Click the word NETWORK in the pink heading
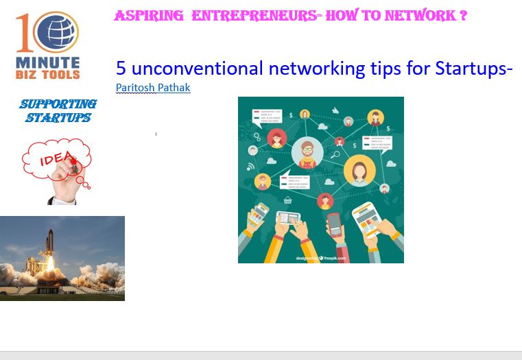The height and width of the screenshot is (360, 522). click(420, 15)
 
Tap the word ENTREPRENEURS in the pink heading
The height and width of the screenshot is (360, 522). click(254, 16)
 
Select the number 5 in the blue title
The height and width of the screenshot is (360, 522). click(121, 68)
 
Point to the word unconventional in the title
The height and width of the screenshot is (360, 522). click(198, 68)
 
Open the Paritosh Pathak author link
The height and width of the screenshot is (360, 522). click(153, 88)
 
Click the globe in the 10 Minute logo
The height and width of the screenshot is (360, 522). click(57, 32)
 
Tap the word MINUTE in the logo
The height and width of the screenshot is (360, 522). click(47, 62)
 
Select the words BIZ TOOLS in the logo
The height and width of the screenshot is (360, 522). click(47, 75)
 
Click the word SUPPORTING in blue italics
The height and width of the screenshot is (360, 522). click(58, 104)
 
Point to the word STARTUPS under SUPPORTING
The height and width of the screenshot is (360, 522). click(58, 117)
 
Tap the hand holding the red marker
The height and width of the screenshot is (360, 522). click(67, 181)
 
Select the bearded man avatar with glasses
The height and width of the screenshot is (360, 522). click(307, 153)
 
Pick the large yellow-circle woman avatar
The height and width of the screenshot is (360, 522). click(359, 171)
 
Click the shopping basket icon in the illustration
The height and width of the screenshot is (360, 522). click(287, 200)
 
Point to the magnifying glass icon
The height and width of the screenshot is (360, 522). click(335, 155)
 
